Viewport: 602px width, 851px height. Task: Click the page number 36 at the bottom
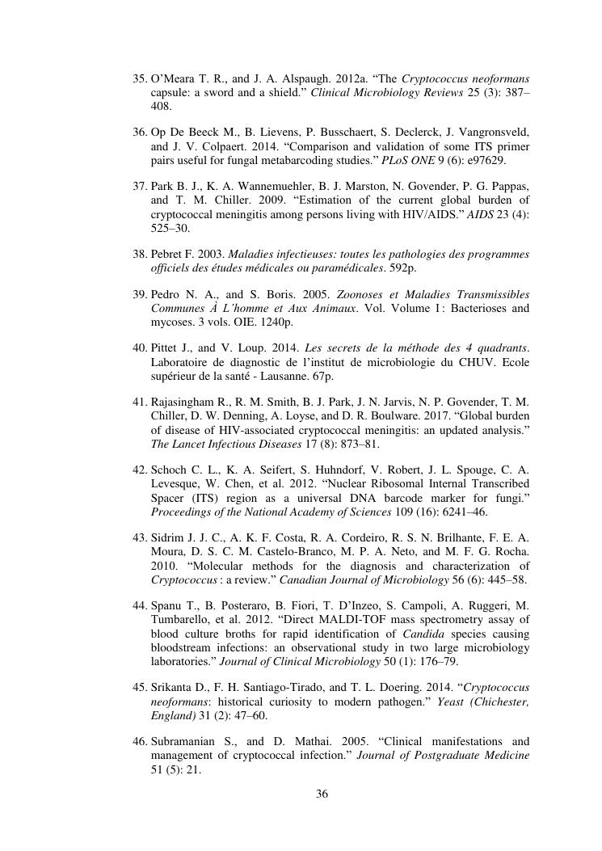322,794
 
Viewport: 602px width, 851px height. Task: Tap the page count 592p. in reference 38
443,268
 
